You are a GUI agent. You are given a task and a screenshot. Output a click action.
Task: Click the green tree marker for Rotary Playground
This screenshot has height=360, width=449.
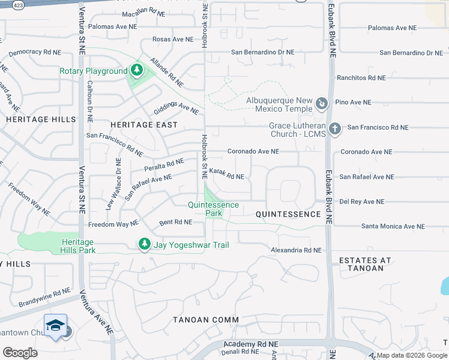pos(137,71)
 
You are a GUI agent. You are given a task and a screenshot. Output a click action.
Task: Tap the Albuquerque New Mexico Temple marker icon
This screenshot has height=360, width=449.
pos(322,104)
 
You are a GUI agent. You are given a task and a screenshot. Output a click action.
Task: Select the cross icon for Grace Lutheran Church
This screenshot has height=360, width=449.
pos(335,128)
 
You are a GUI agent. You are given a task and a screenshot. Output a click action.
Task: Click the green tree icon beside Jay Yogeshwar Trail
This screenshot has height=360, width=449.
pos(144,244)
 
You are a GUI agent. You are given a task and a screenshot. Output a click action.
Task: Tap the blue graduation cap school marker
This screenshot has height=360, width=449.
pos(55,325)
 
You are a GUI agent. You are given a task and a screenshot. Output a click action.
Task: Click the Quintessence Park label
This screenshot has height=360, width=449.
pos(213,209)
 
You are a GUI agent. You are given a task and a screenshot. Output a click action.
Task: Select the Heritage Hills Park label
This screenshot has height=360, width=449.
pos(77,245)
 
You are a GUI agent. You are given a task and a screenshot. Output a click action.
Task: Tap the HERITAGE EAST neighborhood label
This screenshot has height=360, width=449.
pos(144,125)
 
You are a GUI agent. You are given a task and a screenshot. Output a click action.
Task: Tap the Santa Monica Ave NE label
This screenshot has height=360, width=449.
pos(393,226)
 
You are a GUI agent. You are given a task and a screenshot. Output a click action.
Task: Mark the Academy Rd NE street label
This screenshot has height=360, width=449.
pos(251,344)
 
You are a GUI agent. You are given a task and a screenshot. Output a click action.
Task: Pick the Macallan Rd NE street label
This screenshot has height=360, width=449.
pos(143,13)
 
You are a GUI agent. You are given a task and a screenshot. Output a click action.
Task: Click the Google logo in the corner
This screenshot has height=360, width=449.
pos(20,352)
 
